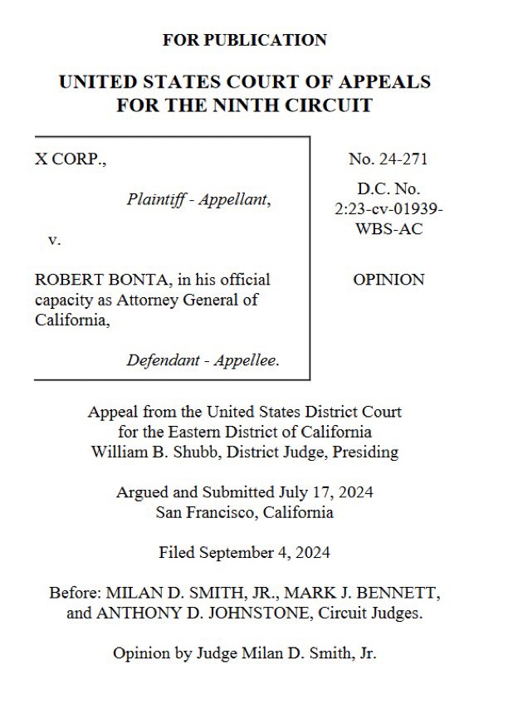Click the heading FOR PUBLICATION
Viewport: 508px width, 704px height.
[244, 40]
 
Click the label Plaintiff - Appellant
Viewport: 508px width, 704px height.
[199, 199]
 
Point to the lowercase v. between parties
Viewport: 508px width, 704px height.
[55, 240]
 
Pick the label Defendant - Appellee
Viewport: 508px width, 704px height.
[203, 360]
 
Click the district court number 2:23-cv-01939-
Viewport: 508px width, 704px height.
[388, 209]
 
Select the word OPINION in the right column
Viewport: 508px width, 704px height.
[388, 280]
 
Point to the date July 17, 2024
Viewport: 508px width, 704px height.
[325, 492]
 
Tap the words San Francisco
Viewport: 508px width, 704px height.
[207, 512]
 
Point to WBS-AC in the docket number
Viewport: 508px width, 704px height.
[388, 229]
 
